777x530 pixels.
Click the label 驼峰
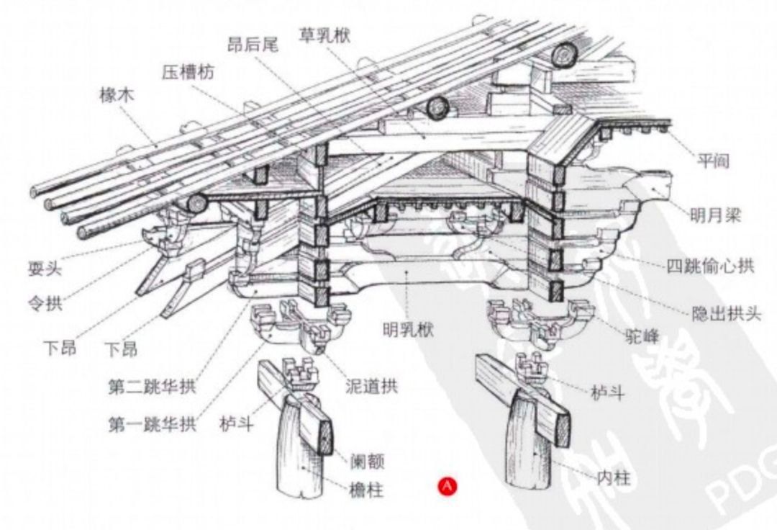click(x=642, y=336)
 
